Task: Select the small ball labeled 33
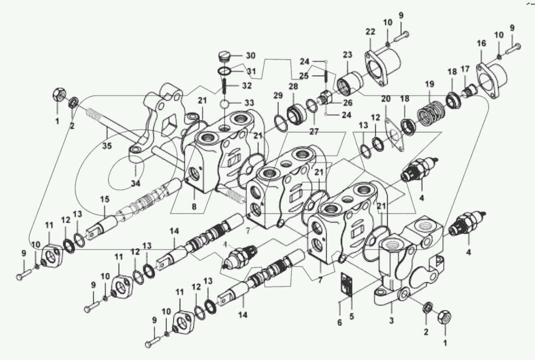tap(225, 104)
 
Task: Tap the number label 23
tap(348, 55)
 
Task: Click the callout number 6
tap(339, 323)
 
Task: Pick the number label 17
tap(465, 68)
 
